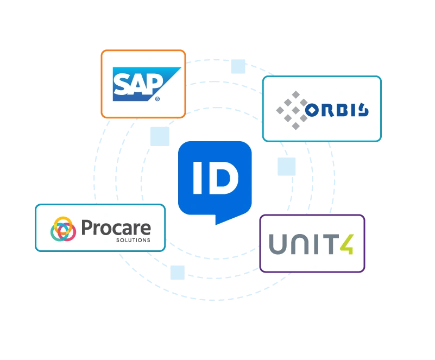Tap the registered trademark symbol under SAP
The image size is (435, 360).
(x=157, y=99)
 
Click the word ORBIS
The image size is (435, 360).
(x=337, y=110)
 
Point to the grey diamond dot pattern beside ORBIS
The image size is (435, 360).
(x=292, y=110)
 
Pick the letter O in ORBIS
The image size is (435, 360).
(x=313, y=111)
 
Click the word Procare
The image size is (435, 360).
(x=116, y=228)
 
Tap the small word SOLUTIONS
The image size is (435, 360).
(x=133, y=240)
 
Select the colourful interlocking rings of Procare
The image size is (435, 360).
(x=64, y=229)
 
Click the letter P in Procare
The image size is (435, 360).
(x=87, y=228)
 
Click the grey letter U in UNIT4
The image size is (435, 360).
(x=280, y=244)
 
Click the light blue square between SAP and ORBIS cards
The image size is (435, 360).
(x=237, y=66)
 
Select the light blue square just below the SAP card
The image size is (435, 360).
(x=157, y=135)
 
